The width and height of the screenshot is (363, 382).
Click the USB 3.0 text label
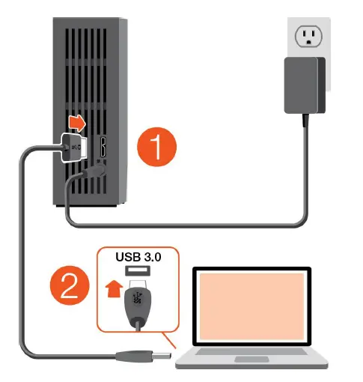pos(139,257)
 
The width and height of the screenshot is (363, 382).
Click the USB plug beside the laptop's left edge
pos(153,355)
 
